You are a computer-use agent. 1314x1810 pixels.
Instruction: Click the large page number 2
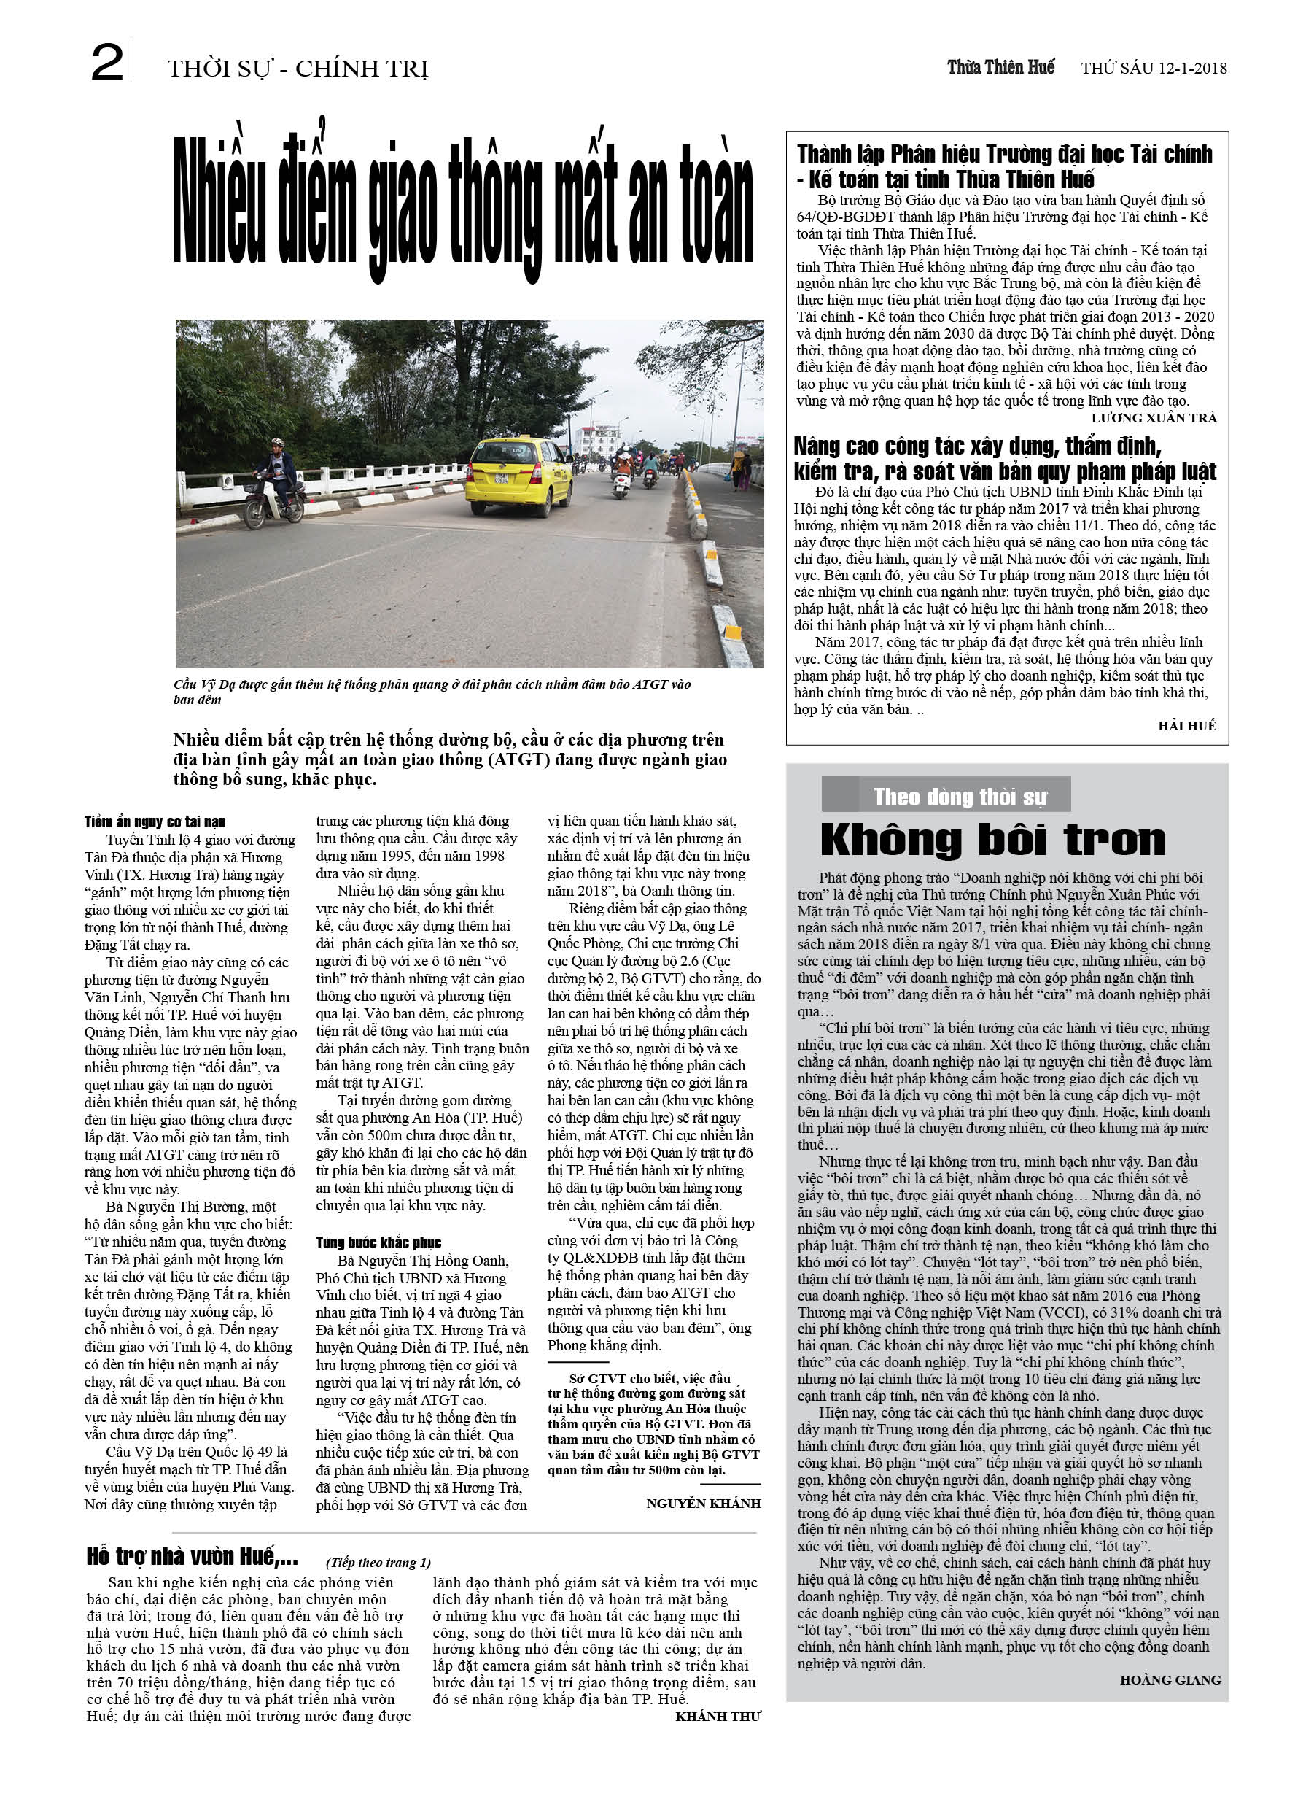[x=107, y=63]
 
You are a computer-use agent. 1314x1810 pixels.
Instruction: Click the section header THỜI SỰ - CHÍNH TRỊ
[x=298, y=69]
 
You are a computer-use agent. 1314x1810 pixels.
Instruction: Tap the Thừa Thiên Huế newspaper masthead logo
[x=1000, y=67]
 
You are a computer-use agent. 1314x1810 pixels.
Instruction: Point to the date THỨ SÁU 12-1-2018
[x=1154, y=69]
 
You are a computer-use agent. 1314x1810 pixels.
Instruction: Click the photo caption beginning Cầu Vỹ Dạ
[x=432, y=691]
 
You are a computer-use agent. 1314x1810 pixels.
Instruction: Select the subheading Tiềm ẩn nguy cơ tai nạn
[x=155, y=821]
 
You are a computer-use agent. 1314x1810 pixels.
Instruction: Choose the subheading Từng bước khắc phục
[x=378, y=1242]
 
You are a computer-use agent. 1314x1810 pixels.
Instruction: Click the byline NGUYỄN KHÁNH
[x=703, y=1504]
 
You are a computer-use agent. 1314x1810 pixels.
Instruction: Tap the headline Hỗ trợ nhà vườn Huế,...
[x=193, y=1556]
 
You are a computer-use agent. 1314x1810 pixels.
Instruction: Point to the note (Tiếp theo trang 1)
[x=378, y=1563]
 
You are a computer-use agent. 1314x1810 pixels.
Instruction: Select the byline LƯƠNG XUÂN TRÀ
[x=1154, y=417]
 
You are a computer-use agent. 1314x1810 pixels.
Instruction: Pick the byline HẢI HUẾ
[x=1186, y=724]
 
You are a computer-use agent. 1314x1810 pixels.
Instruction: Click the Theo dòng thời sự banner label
[x=959, y=797]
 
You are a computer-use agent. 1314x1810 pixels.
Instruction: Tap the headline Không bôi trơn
[x=992, y=840]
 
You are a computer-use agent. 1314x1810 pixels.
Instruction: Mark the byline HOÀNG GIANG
[x=1170, y=1680]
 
